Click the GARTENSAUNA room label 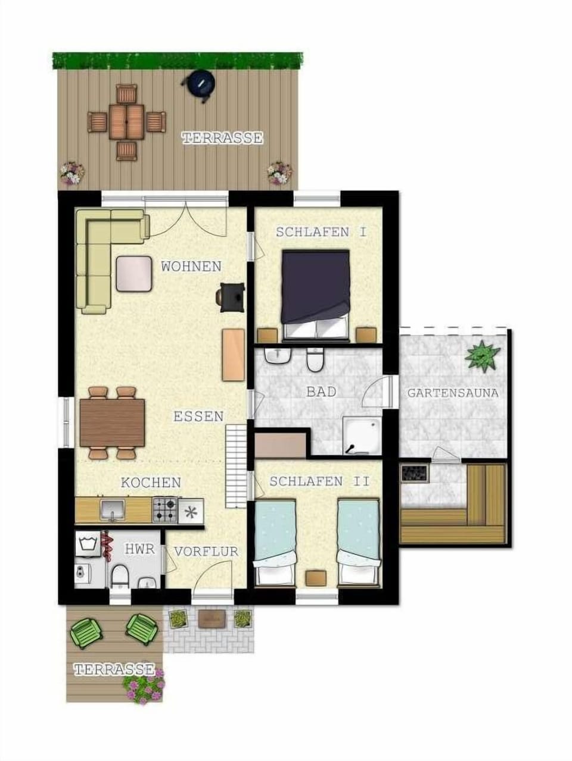coord(453,393)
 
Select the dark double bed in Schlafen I coord(316,294)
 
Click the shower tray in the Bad coord(362,435)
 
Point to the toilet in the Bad coord(315,359)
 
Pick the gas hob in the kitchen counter coord(165,510)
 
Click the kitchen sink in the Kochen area coord(112,510)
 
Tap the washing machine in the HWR coord(89,544)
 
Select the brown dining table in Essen coord(112,423)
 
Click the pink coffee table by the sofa coord(134,274)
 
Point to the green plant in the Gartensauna coord(482,355)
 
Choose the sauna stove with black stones coord(415,473)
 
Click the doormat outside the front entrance coord(212,618)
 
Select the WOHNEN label coord(191,267)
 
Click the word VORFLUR coord(206,551)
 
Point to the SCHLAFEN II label coord(319,481)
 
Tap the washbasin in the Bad coord(277,355)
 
